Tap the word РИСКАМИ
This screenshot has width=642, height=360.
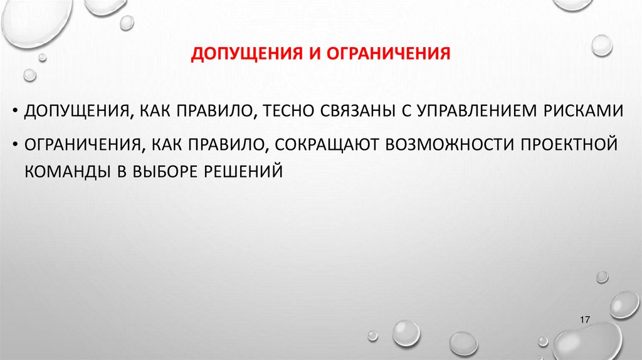coord(586,111)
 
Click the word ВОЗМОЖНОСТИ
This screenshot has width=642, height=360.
coord(447,144)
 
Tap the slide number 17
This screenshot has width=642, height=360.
coord(586,320)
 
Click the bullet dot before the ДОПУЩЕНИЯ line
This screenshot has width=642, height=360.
coord(15,112)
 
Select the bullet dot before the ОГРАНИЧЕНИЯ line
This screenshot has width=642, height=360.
coord(15,144)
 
